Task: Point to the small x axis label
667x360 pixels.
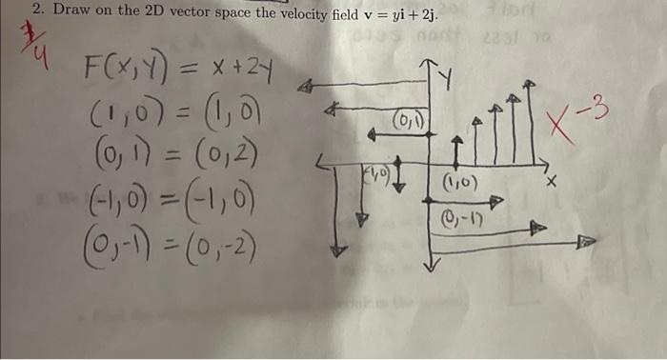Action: (551, 179)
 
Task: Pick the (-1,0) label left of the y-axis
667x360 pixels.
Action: (374, 172)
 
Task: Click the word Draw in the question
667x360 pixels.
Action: (71, 10)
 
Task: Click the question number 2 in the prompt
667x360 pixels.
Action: (37, 10)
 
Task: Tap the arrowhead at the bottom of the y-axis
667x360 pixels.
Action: (432, 266)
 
